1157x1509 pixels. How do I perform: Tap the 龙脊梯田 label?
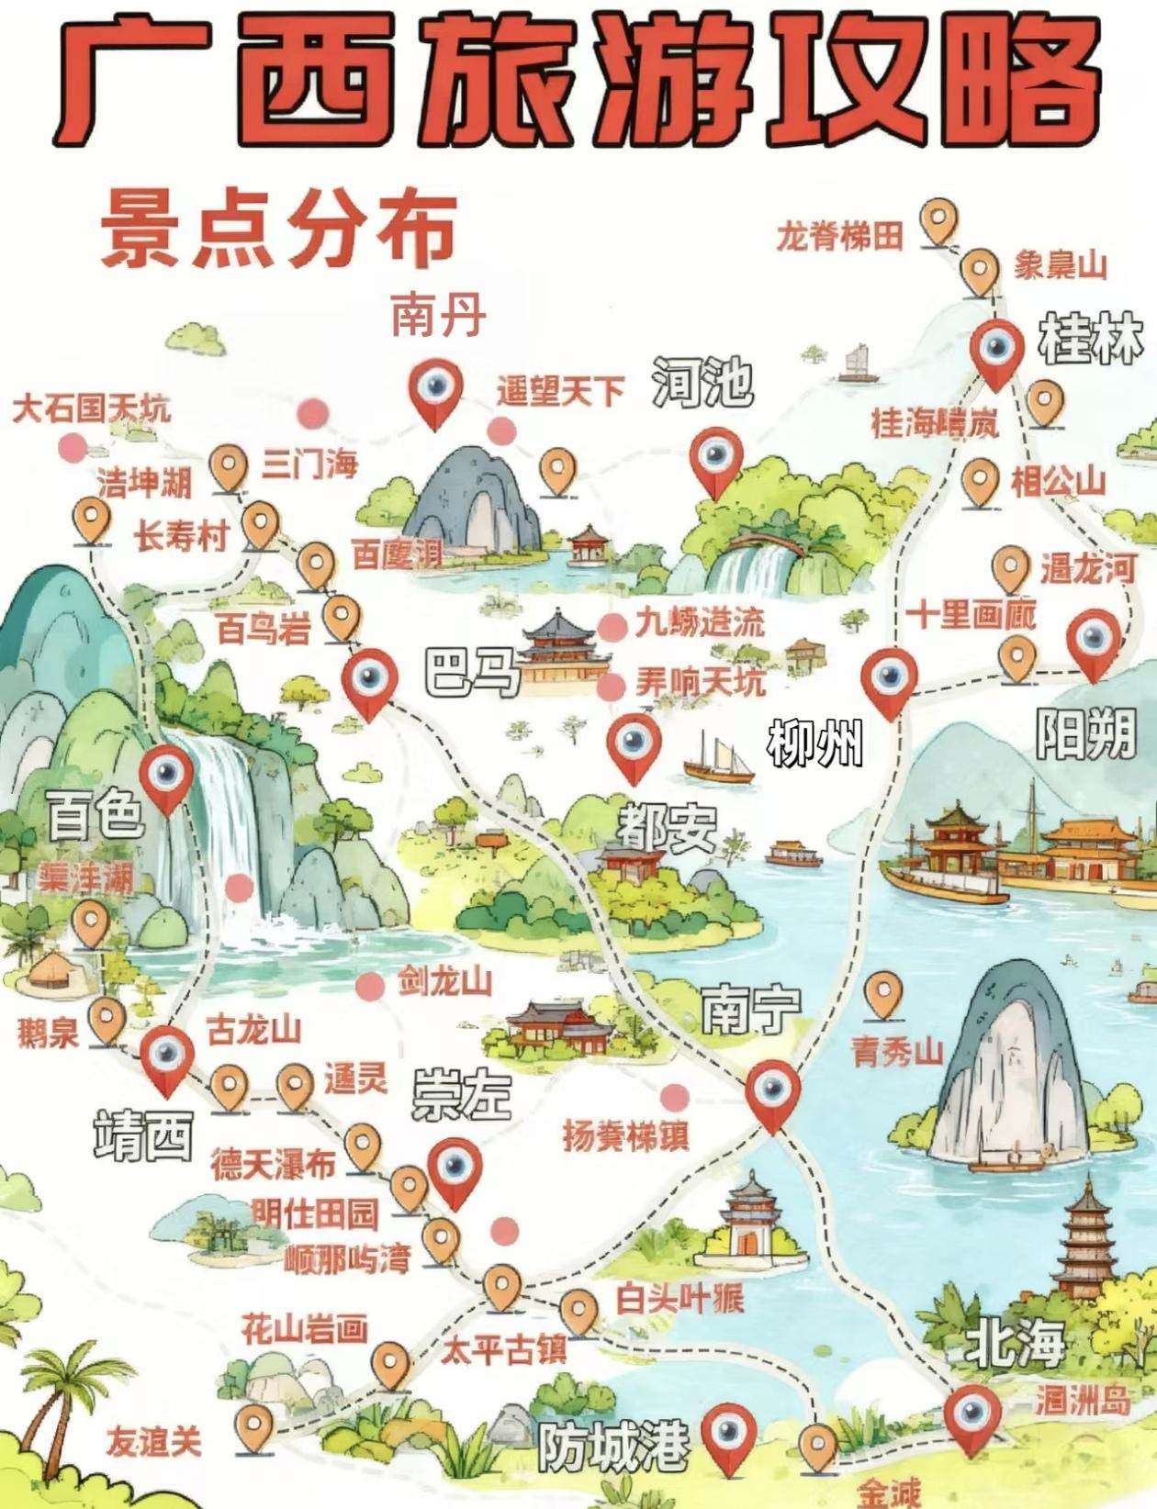click(x=839, y=237)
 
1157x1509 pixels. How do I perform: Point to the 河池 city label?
click(x=702, y=383)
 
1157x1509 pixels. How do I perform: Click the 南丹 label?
click(x=438, y=315)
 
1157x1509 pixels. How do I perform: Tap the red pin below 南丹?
click(x=435, y=390)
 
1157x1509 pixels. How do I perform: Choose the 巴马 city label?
click(x=471, y=673)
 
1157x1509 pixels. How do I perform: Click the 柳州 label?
click(x=815, y=743)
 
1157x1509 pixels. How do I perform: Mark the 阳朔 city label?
click(x=1085, y=733)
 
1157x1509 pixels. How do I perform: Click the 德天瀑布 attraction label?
click(x=273, y=1164)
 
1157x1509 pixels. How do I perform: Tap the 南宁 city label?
click(x=750, y=1009)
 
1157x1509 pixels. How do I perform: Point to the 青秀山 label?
click(x=897, y=1051)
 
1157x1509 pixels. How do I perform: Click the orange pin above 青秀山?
click(x=884, y=993)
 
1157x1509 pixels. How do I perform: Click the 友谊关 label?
click(x=153, y=1442)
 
